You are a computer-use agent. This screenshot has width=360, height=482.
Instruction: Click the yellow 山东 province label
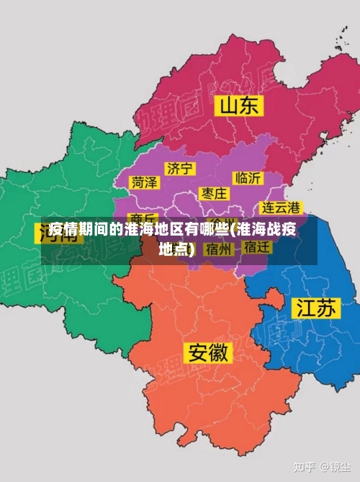point(240,107)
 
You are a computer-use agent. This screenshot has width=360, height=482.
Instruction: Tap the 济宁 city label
point(179,168)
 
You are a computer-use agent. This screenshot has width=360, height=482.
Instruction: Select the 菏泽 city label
point(144,182)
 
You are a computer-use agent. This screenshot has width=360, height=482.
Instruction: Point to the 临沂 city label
point(248,177)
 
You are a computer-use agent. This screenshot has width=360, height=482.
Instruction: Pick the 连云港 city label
point(280,207)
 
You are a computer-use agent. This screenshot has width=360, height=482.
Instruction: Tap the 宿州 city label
point(218,249)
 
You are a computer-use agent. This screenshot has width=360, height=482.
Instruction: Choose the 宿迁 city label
point(257,247)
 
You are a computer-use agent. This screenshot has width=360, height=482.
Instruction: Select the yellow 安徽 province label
point(209,352)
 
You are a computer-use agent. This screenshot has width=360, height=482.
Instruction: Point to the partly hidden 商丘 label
point(145,218)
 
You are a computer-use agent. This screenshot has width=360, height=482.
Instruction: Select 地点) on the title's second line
point(177,249)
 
